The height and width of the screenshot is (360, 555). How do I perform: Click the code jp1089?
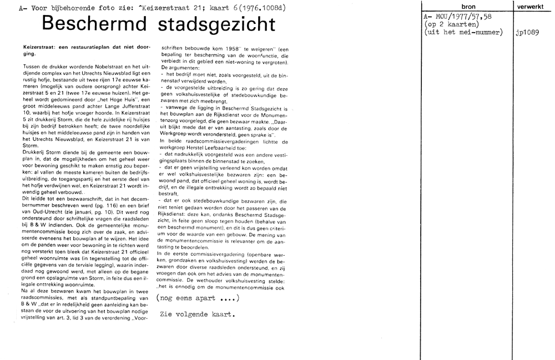(527, 33)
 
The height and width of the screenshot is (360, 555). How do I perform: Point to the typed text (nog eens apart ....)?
(198, 298)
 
